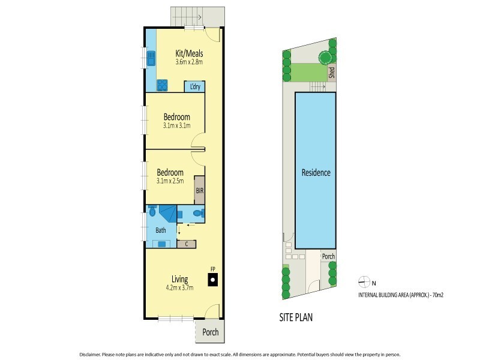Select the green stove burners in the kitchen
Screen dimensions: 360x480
162,85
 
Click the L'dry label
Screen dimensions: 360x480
194,86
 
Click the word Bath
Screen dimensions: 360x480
161,230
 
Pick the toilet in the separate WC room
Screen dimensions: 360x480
200,212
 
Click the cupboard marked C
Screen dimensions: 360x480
187,243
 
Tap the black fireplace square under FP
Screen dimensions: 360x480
212,280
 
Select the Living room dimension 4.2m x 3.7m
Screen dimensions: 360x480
179,288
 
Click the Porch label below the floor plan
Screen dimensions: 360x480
210,332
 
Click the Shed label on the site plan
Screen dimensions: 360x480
331,72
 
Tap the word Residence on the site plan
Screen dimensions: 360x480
316,173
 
